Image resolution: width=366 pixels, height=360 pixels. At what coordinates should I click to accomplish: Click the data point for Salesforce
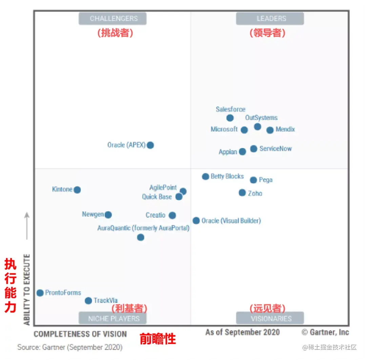(230, 118)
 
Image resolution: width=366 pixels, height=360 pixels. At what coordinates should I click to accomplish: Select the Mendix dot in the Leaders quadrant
(270, 130)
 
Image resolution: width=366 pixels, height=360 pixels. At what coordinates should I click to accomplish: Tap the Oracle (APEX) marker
(150, 145)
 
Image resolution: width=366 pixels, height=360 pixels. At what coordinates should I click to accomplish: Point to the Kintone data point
(77, 190)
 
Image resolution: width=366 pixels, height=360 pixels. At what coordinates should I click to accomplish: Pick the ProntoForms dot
(40, 293)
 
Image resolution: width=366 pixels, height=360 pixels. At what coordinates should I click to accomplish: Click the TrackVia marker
(88, 301)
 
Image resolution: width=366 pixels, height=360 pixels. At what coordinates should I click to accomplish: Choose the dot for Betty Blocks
(205, 176)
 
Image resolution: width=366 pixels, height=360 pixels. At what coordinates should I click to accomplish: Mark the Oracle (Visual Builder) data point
(196, 221)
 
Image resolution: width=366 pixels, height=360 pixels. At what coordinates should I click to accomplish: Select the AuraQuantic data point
(141, 237)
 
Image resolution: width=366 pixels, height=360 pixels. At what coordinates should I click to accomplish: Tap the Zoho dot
(242, 193)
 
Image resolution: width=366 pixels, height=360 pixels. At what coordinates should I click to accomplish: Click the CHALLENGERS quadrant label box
(113, 19)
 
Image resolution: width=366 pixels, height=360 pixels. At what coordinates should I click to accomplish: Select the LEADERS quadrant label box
(270, 19)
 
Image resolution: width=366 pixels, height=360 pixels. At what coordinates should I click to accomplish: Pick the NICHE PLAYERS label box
(113, 318)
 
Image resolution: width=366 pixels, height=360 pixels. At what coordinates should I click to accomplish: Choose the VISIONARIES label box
(270, 318)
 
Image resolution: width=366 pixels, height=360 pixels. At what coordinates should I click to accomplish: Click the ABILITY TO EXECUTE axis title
(27, 290)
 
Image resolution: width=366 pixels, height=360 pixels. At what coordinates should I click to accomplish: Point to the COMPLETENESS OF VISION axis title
(80, 334)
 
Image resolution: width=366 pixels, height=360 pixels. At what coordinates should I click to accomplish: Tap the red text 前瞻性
(158, 339)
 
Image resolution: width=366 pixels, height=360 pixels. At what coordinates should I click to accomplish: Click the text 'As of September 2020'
(242, 332)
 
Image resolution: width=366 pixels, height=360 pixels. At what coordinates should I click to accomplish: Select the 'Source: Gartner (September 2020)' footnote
(70, 347)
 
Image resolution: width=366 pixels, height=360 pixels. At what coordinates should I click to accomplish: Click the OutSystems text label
(261, 118)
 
